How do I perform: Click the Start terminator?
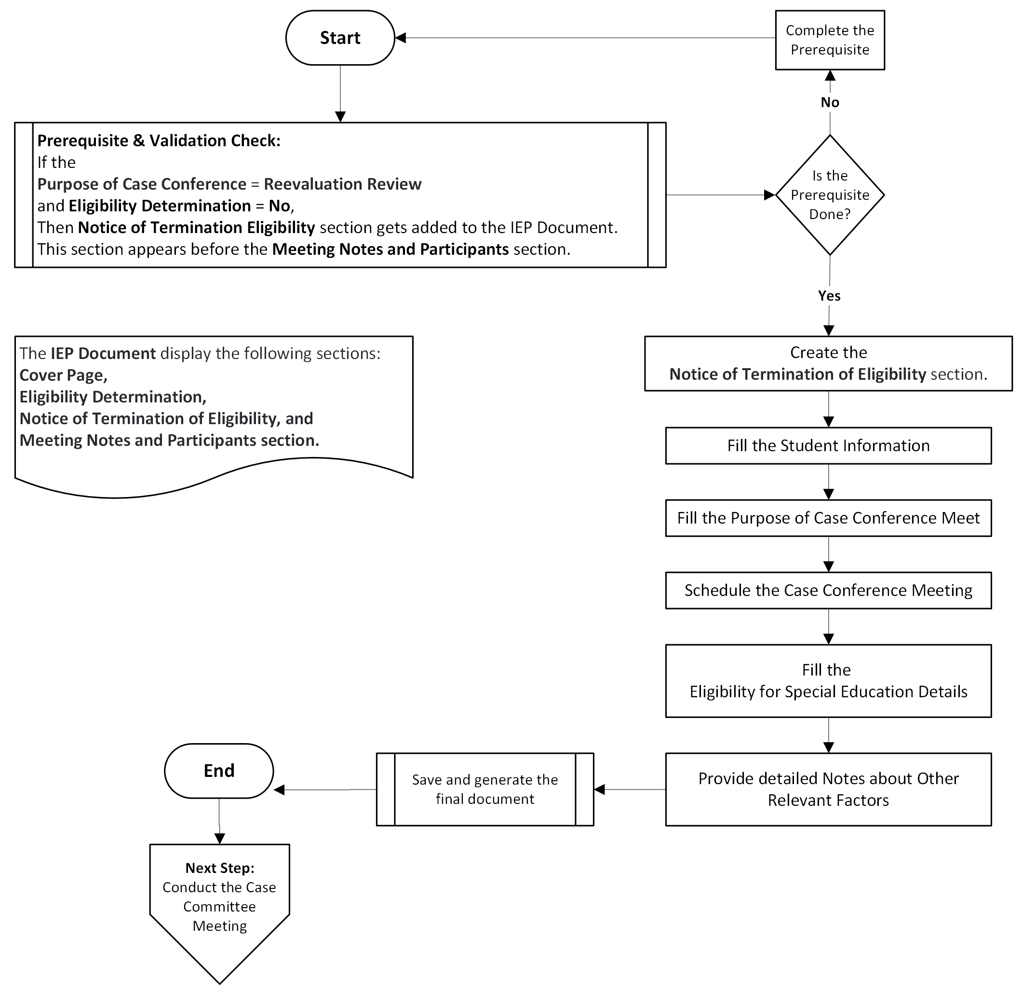(340, 38)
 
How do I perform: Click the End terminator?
(219, 771)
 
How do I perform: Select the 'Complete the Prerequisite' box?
(830, 40)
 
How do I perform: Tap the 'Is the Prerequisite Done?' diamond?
(830, 195)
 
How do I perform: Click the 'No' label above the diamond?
(830, 102)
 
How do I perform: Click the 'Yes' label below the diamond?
(829, 296)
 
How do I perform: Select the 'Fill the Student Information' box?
(828, 446)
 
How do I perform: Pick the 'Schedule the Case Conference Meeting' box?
(828, 591)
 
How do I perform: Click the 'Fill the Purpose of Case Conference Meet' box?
(828, 518)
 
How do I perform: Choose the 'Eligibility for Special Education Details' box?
(828, 681)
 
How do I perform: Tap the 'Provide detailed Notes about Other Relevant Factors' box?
(828, 789)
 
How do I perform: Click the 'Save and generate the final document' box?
(485, 789)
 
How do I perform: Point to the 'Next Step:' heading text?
(220, 868)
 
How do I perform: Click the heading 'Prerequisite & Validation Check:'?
(159, 140)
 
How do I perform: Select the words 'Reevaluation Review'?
(342, 184)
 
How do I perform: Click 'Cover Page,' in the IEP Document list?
(63, 375)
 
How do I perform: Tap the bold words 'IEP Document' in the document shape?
(103, 353)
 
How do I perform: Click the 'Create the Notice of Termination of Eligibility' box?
(828, 363)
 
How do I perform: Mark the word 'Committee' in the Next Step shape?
(219, 907)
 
